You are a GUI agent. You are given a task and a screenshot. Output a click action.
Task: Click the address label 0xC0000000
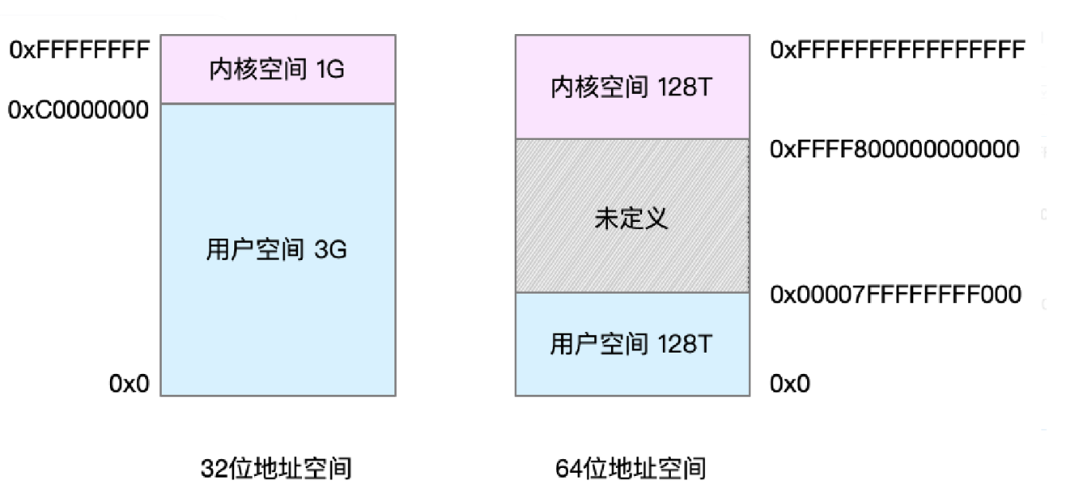pyautogui.click(x=79, y=110)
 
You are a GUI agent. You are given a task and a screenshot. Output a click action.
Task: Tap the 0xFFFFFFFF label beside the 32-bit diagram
pyautogui.click(x=79, y=50)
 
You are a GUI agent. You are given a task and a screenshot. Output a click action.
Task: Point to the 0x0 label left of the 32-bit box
pyautogui.click(x=130, y=384)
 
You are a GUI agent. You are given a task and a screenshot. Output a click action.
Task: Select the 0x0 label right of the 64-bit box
pyautogui.click(x=790, y=384)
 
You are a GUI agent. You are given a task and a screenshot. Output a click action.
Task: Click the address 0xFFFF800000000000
pyautogui.click(x=894, y=149)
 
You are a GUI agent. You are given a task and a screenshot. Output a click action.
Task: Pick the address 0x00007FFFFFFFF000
pyautogui.click(x=895, y=294)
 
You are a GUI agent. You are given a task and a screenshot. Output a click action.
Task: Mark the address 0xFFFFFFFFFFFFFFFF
pyautogui.click(x=898, y=50)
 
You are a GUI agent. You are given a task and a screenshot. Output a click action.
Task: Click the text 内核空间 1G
pyautogui.click(x=277, y=70)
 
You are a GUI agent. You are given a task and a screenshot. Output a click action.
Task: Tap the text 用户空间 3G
pyautogui.click(x=277, y=249)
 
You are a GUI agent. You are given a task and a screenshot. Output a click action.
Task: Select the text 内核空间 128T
pyautogui.click(x=631, y=87)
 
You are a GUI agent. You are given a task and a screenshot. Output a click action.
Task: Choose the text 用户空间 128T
pyautogui.click(x=631, y=344)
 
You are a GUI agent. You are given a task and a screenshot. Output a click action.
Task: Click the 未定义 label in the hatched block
pyautogui.click(x=631, y=219)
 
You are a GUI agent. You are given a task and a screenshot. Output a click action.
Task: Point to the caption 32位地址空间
pyautogui.click(x=276, y=468)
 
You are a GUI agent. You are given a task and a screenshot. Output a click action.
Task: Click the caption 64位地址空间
pyautogui.click(x=631, y=468)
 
